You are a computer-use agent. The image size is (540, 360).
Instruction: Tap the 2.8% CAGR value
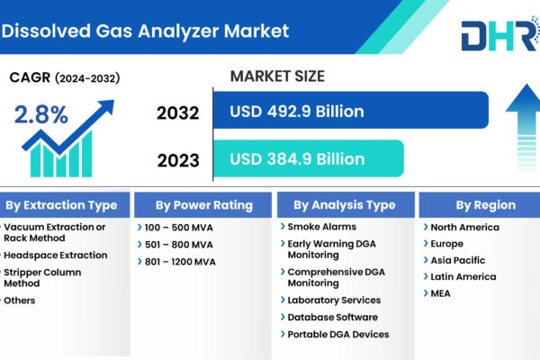pos(41,114)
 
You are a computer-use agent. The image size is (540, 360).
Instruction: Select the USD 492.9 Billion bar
pos(351,110)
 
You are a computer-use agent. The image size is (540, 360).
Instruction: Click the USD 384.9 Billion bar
pos(309,158)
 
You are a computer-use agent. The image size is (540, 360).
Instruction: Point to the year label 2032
pos(177,113)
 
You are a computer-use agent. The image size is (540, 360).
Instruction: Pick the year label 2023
pos(178,160)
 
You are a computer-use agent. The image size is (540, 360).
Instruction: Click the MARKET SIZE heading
pos(277,76)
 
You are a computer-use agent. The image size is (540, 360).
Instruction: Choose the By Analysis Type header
pos(346,205)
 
